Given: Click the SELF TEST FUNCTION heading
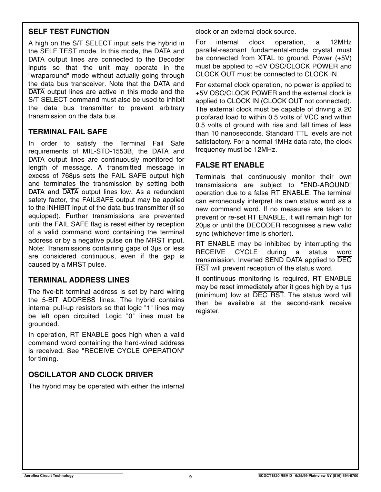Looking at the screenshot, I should coord(69,32).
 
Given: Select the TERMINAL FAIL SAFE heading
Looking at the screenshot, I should coord(68,132).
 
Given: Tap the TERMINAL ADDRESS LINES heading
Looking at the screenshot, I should coord(79,280).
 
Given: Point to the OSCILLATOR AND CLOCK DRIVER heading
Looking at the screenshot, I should coord(90,375).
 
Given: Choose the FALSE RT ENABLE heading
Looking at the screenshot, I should coord(230,165).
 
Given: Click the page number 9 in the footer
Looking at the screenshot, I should coord(190,477).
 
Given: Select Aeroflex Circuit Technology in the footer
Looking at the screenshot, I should coord(48,476).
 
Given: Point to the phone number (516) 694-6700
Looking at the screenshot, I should coord(345,476).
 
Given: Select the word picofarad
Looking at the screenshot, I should coord(211,117).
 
